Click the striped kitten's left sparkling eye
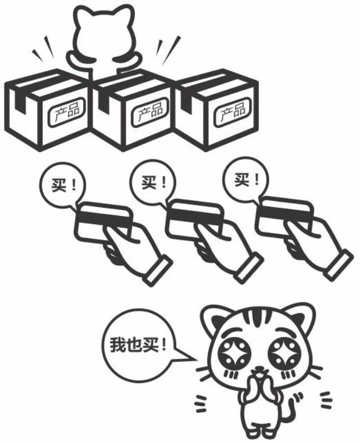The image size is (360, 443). coord(233,354)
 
